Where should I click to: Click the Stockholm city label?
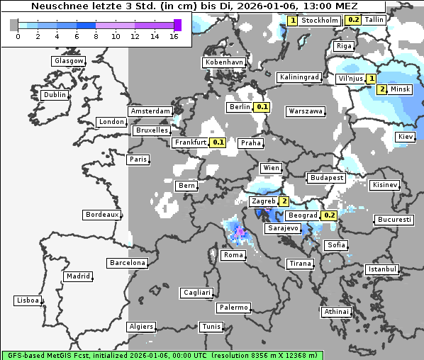coord(319,20)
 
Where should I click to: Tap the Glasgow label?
coord(69,61)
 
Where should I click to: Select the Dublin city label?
coord(54,95)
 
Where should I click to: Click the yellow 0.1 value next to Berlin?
coord(262,107)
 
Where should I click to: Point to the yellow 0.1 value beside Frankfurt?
coord(218,142)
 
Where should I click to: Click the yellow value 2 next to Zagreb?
coord(284,201)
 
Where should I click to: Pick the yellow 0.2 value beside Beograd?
coord(329,215)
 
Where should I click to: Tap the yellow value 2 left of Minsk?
coord(382,89)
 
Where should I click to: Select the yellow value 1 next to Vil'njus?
coord(371,78)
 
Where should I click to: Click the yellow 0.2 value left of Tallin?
coord(353,20)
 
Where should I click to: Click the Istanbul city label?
coord(382,270)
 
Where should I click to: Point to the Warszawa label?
coord(306,111)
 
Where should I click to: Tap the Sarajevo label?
coord(282,229)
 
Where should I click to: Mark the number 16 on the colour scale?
coord(174,36)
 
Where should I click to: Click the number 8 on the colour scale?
coord(94,36)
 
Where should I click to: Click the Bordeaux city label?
coord(101,215)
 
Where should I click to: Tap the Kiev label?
coord(405,137)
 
